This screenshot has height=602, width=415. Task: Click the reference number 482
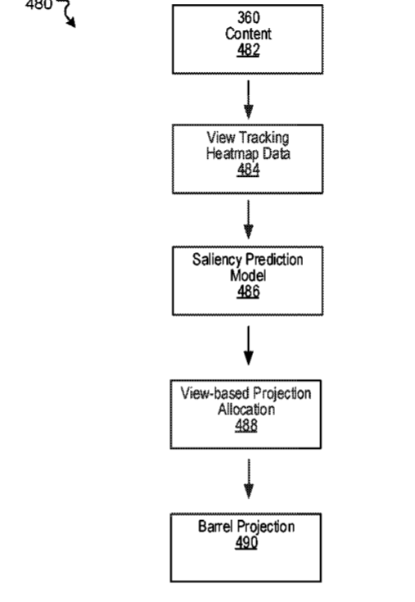[248, 50]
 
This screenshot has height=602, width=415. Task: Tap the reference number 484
[248, 170]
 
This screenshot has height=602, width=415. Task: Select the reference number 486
[248, 292]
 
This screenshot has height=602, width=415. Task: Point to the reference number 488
[246, 425]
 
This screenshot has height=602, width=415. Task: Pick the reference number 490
[246, 543]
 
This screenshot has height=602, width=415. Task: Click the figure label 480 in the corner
[38, 5]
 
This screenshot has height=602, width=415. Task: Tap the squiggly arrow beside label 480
[67, 13]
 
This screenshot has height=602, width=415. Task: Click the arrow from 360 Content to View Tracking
[249, 99]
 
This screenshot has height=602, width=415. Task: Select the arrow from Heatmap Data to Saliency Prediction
[249, 220]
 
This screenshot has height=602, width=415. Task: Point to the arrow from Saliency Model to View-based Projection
[249, 346]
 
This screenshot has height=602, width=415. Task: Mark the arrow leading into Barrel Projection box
[249, 478]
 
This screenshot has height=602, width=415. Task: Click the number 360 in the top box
[249, 18]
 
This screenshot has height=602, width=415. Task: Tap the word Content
[248, 34]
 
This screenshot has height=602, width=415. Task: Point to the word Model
[248, 276]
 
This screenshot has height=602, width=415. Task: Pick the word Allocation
[246, 410]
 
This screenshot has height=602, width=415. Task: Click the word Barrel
[213, 527]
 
